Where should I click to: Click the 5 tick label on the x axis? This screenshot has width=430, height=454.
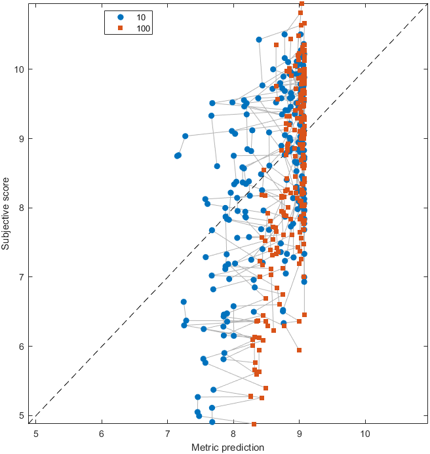(36, 434)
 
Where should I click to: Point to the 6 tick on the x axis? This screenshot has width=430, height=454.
(102, 434)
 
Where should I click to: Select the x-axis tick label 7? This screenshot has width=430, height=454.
(167, 434)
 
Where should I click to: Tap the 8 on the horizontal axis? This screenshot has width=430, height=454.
(233, 434)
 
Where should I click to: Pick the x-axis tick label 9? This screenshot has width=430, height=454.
(299, 434)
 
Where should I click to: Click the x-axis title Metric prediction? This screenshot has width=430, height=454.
(227, 447)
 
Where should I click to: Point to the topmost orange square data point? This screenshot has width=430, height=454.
(302, 3)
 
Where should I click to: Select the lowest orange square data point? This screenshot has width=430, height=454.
(254, 424)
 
